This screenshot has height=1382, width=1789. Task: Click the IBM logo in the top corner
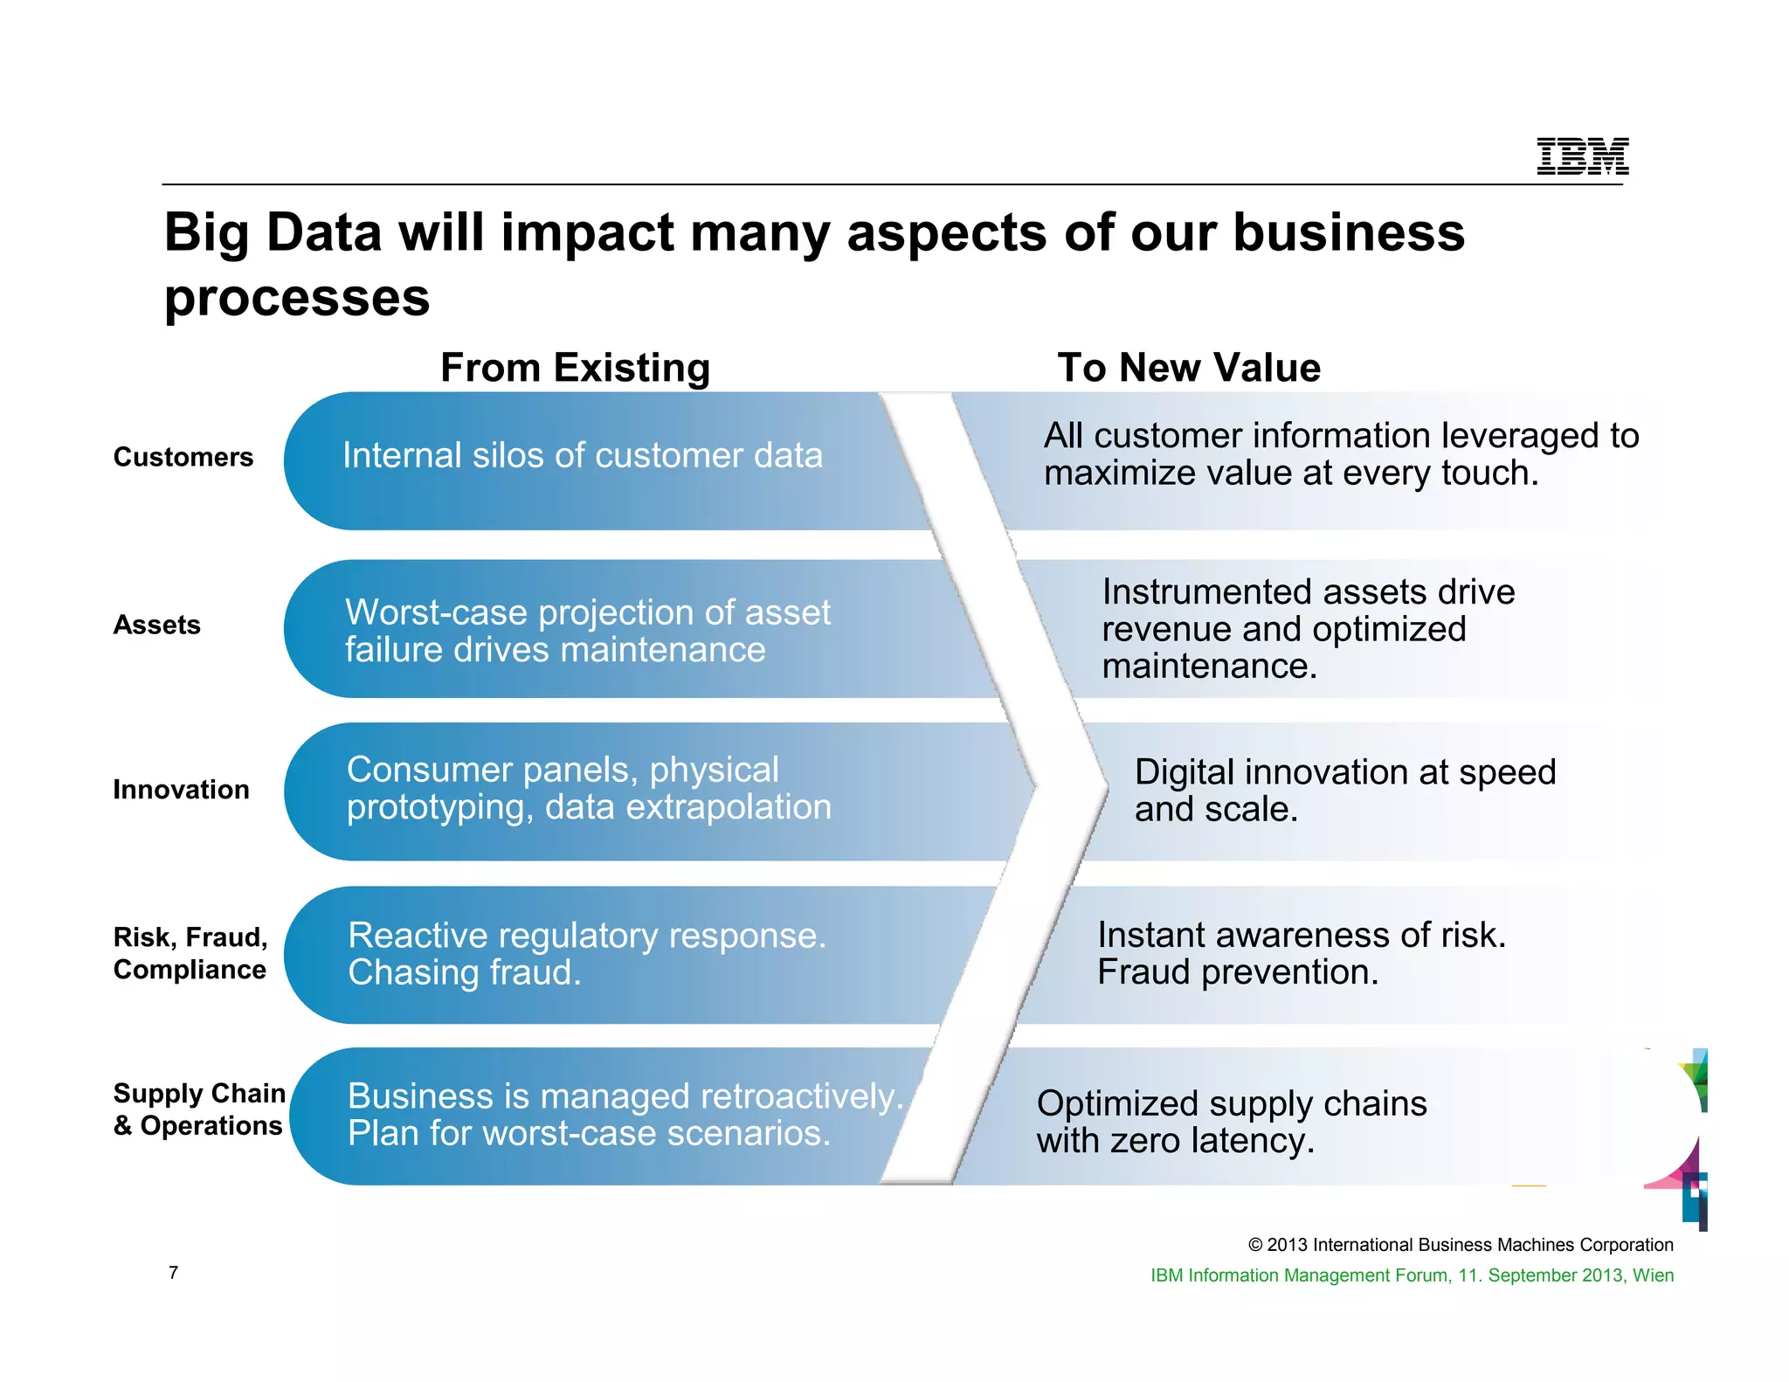(x=1582, y=156)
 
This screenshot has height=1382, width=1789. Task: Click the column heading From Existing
(x=575, y=368)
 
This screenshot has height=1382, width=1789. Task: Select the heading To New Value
(x=1188, y=368)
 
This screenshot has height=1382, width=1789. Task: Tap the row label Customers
(x=183, y=457)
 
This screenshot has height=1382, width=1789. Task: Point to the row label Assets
(x=156, y=625)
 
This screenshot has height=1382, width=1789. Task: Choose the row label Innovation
(x=181, y=790)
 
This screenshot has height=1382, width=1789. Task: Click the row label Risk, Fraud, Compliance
(x=190, y=953)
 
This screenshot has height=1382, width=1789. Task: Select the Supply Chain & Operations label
(x=199, y=1109)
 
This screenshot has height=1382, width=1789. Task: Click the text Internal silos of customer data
(x=582, y=456)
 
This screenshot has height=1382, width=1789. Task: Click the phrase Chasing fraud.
(x=464, y=972)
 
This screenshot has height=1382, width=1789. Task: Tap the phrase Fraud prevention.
(x=1237, y=972)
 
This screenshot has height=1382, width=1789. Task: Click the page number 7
(x=173, y=1273)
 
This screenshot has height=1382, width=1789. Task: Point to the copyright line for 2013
(x=1460, y=1245)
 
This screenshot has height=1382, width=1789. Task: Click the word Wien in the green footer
(x=1653, y=1275)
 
